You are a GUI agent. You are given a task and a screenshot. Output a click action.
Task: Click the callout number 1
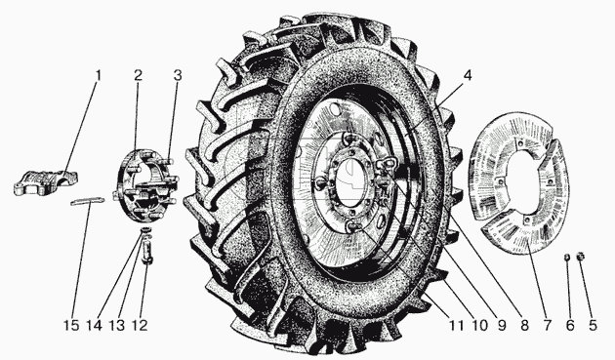98,75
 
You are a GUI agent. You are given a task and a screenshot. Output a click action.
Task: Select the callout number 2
138,75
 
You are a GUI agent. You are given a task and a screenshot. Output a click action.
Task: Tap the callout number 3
178,75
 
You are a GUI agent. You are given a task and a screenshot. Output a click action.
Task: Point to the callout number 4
467,75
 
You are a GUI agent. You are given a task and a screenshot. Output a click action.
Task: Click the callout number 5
593,325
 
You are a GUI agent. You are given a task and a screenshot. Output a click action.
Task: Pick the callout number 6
570,325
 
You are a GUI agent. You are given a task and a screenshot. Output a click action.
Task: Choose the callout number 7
547,325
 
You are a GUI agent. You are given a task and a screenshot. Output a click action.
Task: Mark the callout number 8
524,325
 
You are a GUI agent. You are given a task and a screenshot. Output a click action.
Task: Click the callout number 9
502,325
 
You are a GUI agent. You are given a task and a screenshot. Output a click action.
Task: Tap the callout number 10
479,325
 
